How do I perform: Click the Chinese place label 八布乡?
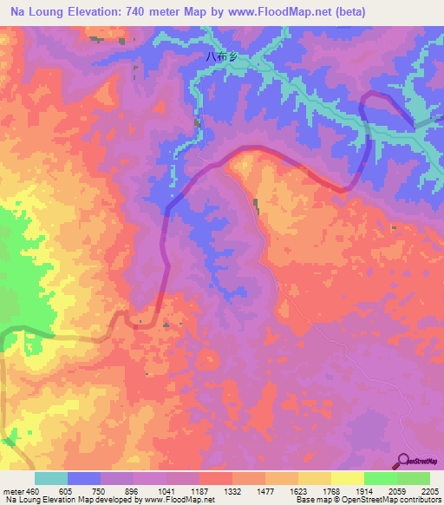pyautogui.click(x=221, y=58)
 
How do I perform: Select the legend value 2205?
pyautogui.click(x=430, y=491)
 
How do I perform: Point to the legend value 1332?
pyautogui.click(x=232, y=491)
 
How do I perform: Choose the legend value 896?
pyautogui.click(x=134, y=491)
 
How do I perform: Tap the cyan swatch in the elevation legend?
pyautogui.click(x=51, y=478)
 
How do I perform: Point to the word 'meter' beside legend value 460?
pyautogui.click(x=13, y=491)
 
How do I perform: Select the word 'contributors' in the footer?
pyautogui.click(x=420, y=501)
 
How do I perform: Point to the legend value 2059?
pyautogui.click(x=397, y=491)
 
